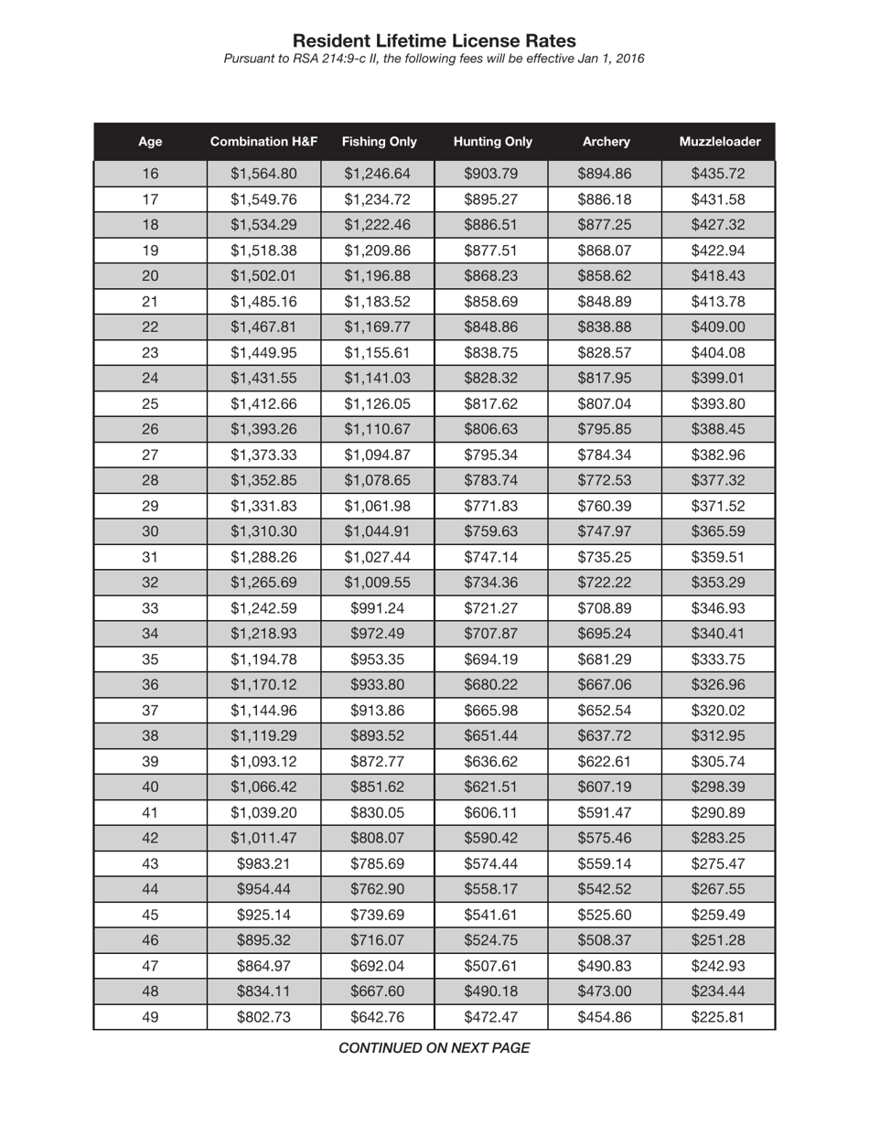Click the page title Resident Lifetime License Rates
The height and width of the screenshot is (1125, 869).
(434, 41)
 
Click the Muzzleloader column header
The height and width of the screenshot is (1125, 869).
(719, 142)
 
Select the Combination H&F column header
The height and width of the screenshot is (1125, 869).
(263, 142)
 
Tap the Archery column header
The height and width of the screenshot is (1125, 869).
(606, 142)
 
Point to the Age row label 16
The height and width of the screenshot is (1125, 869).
(150, 174)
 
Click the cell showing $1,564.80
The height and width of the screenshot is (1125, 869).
(263, 174)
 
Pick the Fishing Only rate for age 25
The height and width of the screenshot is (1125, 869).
(377, 404)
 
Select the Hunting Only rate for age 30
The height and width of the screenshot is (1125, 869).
(491, 532)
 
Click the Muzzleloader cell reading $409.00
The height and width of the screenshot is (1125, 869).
(718, 327)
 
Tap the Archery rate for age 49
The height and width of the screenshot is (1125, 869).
(605, 1017)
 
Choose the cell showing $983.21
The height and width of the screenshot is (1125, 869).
(263, 863)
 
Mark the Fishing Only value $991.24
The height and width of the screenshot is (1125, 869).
(377, 608)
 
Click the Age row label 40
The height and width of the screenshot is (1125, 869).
(150, 787)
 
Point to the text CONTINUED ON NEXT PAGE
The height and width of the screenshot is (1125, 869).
(434, 1048)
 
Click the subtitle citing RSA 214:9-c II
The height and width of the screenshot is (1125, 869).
(434, 59)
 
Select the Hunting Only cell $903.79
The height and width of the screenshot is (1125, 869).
(491, 174)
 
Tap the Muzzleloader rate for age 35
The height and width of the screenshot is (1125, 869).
(718, 659)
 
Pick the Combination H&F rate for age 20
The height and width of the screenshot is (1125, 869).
(263, 276)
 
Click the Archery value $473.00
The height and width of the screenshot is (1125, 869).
(605, 991)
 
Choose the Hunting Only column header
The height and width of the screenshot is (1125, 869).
(492, 142)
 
